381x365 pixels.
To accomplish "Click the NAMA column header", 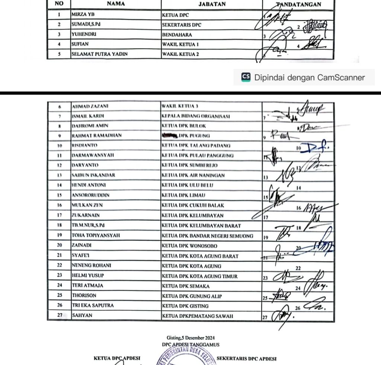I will coord(116,4).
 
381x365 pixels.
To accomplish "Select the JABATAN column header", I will coord(212,4).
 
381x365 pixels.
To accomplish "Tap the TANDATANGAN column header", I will coord(299,4).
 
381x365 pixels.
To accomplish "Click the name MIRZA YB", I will coord(83,15).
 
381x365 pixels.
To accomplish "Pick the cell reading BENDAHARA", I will coord(177,35).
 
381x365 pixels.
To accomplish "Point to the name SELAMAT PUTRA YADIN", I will coord(99,54).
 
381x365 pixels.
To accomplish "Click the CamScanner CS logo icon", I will coord(246,77).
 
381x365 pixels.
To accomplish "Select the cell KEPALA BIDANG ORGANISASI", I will coord(196,116).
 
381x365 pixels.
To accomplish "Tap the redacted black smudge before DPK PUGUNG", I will coord(170,136).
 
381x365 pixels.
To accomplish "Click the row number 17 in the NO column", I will coord(59,215).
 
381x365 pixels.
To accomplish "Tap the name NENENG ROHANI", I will coord(92,266).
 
